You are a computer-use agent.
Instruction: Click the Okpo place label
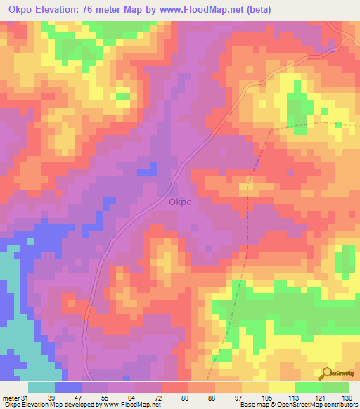coord(181,202)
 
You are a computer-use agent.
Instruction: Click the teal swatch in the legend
coord(41,387)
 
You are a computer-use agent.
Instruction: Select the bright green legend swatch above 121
coord(309,387)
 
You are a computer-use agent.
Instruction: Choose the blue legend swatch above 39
coord(68,387)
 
